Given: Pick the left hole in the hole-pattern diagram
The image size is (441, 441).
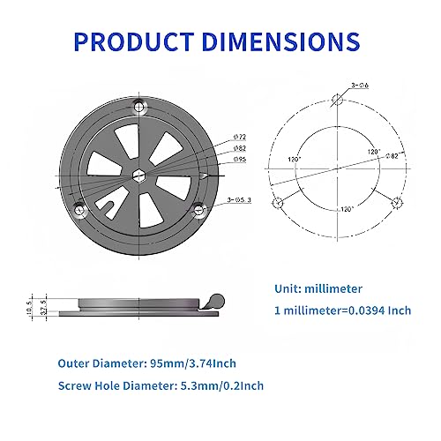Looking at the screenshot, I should point(278,204).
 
